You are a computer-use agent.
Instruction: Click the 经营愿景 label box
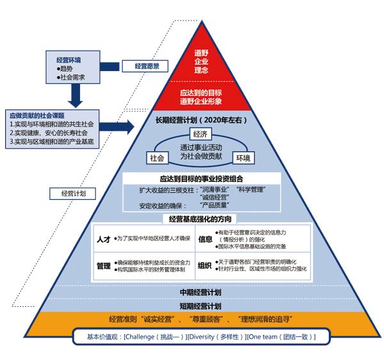tap(147, 65)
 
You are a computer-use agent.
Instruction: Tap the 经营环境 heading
tap(68, 60)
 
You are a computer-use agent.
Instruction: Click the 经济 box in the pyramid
tap(200, 135)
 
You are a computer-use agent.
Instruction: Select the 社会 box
tap(157, 157)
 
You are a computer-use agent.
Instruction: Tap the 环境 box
tap(243, 158)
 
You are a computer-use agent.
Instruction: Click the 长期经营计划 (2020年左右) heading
tap(201, 120)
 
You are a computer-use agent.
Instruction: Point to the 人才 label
tap(103, 239)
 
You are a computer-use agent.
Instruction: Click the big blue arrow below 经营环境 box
tap(76, 95)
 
